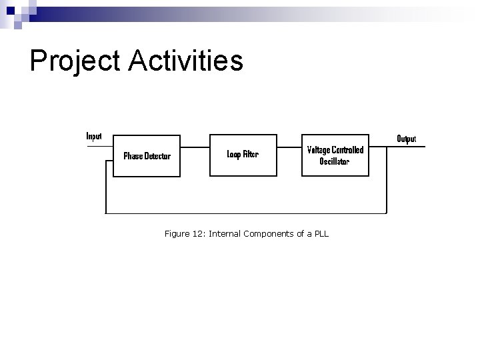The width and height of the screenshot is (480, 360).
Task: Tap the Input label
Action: pos(94,136)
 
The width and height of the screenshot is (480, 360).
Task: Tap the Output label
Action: pos(406,139)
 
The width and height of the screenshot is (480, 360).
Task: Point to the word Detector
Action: pos(158,157)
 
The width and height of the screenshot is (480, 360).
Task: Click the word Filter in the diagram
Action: pos(251,154)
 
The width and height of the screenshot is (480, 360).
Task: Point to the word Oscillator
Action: pos(335,161)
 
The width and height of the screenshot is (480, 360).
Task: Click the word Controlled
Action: pos(348,150)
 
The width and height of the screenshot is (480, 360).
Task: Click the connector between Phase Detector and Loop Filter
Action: pos(195,147)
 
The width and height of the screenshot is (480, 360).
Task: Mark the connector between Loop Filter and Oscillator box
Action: pos(289,147)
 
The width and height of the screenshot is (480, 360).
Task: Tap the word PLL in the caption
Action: pos(321,234)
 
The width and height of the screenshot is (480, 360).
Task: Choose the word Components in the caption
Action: pos(269,234)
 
